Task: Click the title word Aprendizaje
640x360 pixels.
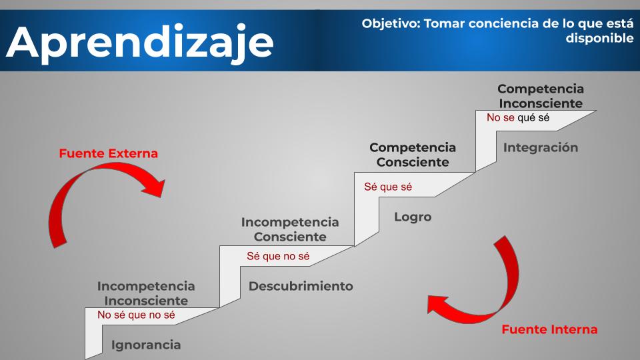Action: click(139, 43)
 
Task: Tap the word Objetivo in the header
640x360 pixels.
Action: click(391, 24)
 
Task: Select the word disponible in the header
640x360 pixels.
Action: click(599, 39)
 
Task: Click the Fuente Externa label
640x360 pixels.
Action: click(108, 153)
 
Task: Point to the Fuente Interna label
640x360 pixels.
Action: click(549, 329)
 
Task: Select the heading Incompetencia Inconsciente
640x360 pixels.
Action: click(146, 293)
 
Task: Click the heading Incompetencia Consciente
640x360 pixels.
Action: click(290, 229)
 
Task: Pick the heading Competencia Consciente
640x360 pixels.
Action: click(413, 155)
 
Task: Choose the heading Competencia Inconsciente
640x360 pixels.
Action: click(541, 96)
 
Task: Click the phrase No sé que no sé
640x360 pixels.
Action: click(136, 315)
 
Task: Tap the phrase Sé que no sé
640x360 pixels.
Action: click(278, 256)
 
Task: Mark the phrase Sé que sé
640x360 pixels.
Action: click(388, 187)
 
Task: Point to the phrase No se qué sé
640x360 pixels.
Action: click(518, 118)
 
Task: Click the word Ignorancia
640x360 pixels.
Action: click(146, 345)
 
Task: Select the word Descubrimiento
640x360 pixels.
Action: click(301, 286)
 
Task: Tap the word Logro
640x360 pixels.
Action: click(413, 217)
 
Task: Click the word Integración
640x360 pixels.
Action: click(541, 147)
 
